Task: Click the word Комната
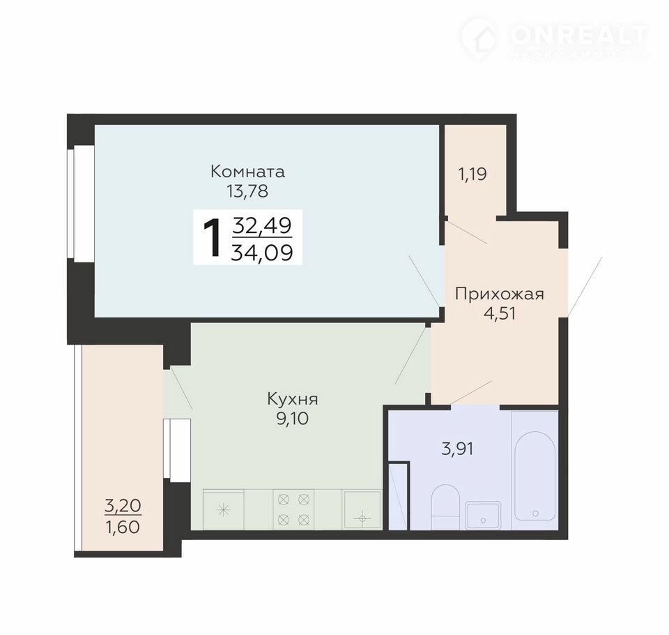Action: click(247, 172)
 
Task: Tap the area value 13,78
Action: click(247, 191)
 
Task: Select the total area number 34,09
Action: click(262, 252)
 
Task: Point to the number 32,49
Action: click(262, 225)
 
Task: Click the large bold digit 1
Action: click(213, 237)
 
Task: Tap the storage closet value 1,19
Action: click(472, 174)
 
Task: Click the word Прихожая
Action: click(500, 294)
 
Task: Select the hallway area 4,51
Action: click(500, 313)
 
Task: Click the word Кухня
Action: click(293, 399)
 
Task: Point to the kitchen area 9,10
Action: click(293, 419)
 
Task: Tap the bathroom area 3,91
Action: click(457, 449)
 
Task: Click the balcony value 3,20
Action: click(123, 506)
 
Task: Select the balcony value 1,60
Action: click(123, 528)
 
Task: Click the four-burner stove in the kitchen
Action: click(293, 509)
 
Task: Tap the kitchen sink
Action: click(362, 509)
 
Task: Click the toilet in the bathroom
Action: click(445, 507)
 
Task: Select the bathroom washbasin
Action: click(483, 516)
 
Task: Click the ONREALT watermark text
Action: click(578, 36)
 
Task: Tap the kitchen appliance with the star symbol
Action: click(223, 509)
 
